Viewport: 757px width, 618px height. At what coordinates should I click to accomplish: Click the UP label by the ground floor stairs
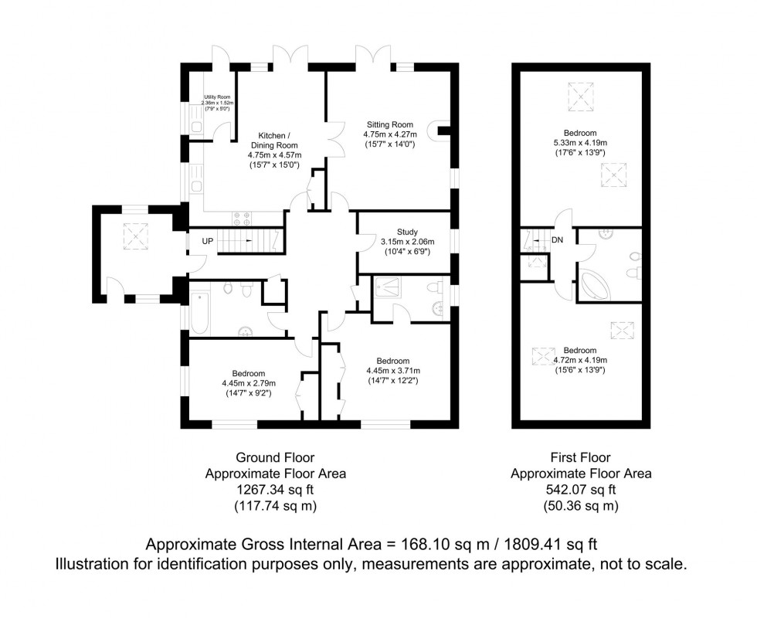coord(207,241)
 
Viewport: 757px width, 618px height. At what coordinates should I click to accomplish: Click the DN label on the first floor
coord(557,240)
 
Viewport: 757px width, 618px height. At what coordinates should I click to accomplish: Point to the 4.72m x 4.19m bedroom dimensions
coord(579,360)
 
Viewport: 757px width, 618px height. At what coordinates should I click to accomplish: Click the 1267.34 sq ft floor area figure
coord(275,490)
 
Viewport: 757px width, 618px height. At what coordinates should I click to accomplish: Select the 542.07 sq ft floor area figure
coord(581,490)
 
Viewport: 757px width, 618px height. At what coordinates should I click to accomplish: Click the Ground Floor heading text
coord(276,457)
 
